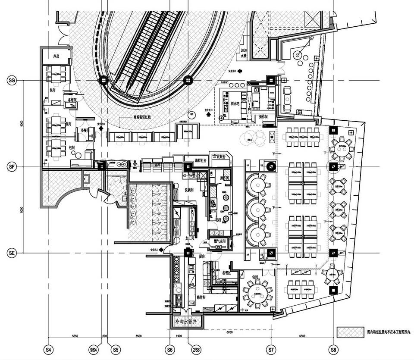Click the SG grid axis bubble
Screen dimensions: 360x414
[12, 81]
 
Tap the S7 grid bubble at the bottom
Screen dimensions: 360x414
[271, 348]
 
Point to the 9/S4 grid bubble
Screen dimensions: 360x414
[92, 348]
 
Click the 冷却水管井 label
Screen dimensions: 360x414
[184, 321]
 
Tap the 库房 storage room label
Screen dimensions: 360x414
[56, 56]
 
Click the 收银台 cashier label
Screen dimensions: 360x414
[221, 157]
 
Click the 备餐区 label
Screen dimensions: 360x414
[227, 273]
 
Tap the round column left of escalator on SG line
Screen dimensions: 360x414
[103, 81]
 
